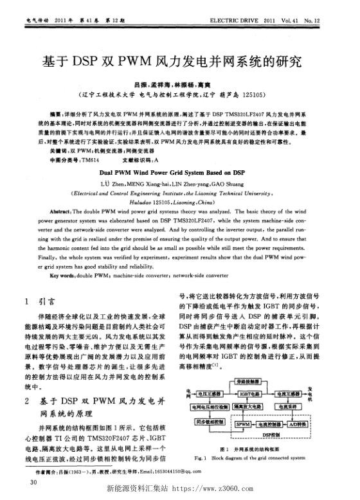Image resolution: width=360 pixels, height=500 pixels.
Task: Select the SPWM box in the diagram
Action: coord(244,424)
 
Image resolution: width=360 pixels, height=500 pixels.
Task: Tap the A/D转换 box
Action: coord(299,424)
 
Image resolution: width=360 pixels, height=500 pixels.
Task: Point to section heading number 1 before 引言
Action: coord(24,300)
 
